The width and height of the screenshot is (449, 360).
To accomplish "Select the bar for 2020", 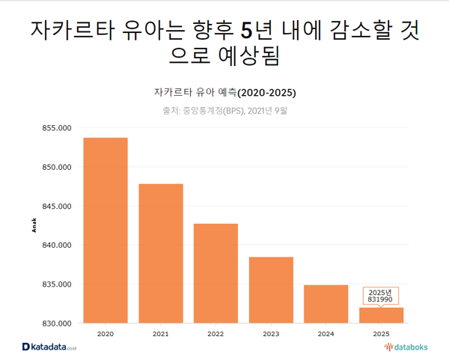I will click(x=106, y=230).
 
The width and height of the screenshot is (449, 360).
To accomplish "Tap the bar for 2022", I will click(x=216, y=273).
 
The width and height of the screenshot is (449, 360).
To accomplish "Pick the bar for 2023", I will click(x=271, y=290).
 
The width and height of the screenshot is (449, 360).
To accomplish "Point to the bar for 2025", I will click(x=381, y=316).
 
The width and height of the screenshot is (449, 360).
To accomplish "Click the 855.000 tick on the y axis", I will click(x=55, y=128).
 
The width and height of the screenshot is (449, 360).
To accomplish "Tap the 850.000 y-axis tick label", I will click(x=55, y=167).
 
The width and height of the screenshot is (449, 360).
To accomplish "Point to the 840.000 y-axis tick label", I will click(x=55, y=245).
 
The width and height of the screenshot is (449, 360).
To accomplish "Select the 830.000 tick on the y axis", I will click(x=55, y=323).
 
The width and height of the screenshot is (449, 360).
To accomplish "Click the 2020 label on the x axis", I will click(x=106, y=333).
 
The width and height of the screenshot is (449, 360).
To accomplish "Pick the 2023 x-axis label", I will click(x=271, y=333).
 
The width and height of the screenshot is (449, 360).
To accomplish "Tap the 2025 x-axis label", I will click(x=381, y=333).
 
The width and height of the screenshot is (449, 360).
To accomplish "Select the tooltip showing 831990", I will click(x=381, y=295).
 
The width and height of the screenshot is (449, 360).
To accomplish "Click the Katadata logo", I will click(x=50, y=347).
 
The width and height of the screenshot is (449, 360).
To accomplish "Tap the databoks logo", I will click(x=401, y=347).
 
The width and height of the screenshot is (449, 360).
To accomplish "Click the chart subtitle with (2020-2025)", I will click(x=224, y=93).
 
